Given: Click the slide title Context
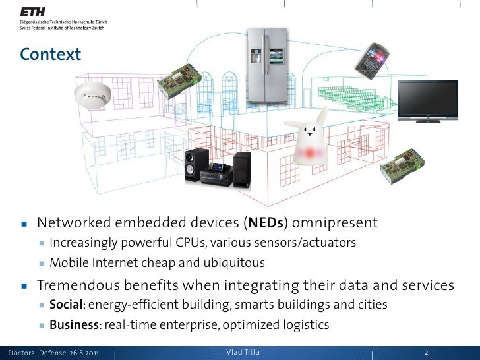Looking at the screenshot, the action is coord(50,53).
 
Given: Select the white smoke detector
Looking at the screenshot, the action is coord(90,95).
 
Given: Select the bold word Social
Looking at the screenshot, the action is coord(66,305).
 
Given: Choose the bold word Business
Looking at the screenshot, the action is coord(73,324).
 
